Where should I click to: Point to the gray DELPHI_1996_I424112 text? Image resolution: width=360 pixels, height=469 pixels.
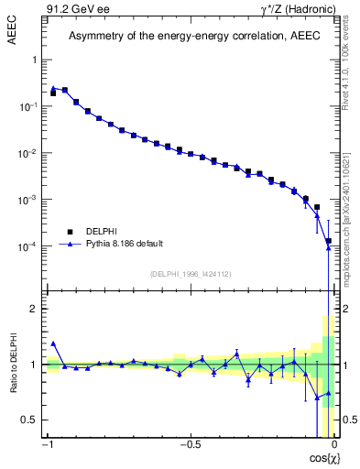point(190,274)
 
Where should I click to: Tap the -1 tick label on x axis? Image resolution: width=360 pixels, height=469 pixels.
point(48,444)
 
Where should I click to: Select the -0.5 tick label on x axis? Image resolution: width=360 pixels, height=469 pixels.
point(189,444)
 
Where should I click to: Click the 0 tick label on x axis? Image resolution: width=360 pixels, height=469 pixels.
point(335,444)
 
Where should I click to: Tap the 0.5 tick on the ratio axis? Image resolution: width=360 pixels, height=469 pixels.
point(27,420)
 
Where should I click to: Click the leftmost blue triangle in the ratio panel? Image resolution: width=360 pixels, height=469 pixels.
point(53,344)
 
